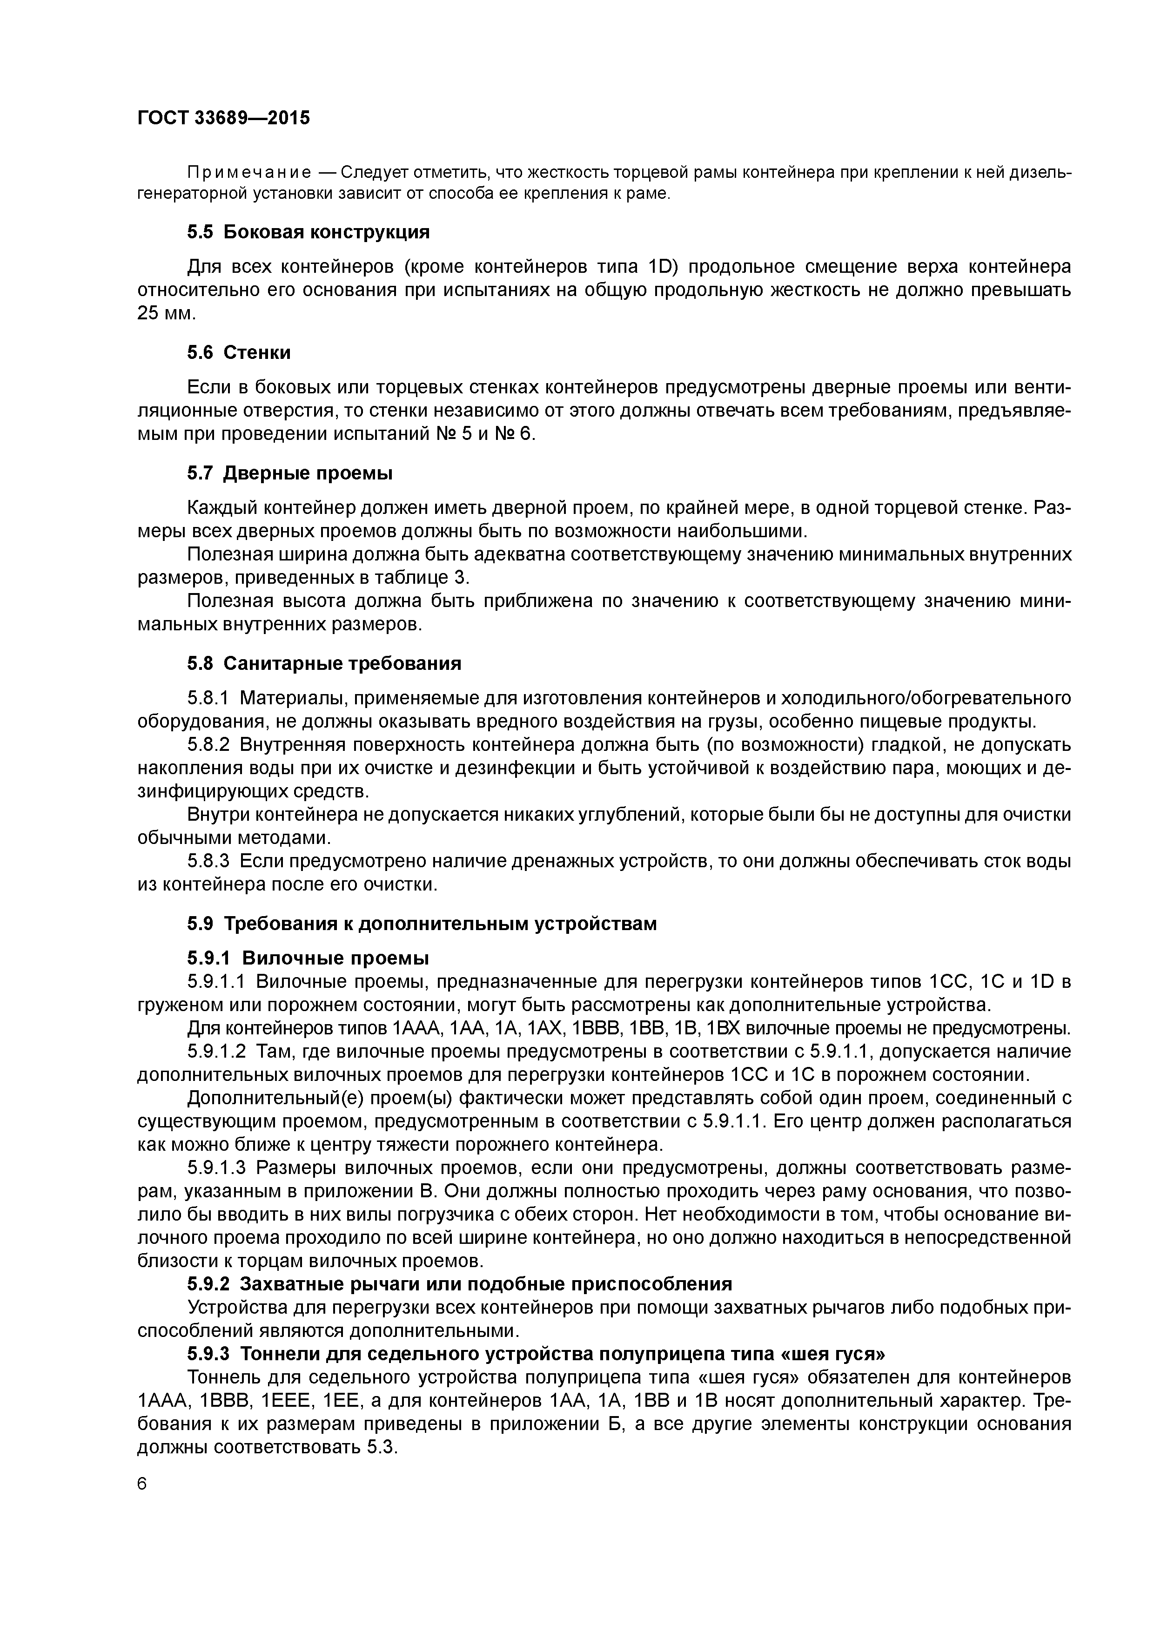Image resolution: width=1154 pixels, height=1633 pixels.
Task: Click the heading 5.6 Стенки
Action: [239, 352]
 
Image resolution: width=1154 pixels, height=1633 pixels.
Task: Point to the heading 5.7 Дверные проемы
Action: [290, 473]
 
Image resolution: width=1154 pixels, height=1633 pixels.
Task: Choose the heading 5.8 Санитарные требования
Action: [324, 664]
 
